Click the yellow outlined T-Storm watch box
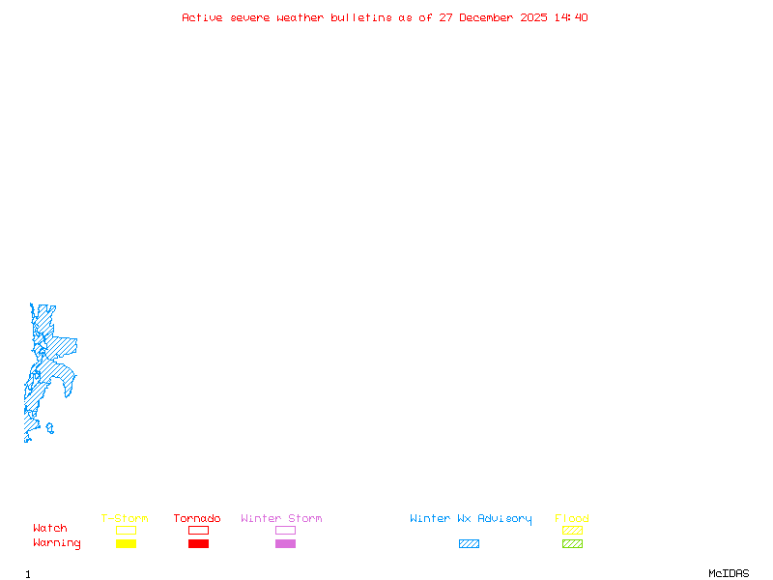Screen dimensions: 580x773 point(126,530)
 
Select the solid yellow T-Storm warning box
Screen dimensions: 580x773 point(126,543)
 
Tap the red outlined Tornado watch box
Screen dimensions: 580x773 point(198,530)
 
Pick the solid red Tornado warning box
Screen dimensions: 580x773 point(198,543)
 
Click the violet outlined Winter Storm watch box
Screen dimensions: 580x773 point(285,530)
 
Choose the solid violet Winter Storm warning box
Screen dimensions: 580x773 point(285,543)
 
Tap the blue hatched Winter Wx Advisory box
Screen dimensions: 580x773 point(469,543)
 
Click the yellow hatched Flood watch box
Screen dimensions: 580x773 point(572,530)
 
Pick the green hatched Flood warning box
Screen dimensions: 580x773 point(572,543)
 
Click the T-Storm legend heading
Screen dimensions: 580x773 point(125,518)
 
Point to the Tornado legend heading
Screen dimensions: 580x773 point(197,518)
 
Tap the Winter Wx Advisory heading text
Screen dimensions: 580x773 point(471,518)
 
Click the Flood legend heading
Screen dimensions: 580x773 point(572,518)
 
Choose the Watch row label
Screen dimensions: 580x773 point(50,528)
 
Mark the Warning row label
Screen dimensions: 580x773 point(57,543)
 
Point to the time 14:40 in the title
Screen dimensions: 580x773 point(571,17)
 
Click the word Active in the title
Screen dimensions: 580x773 point(203,17)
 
